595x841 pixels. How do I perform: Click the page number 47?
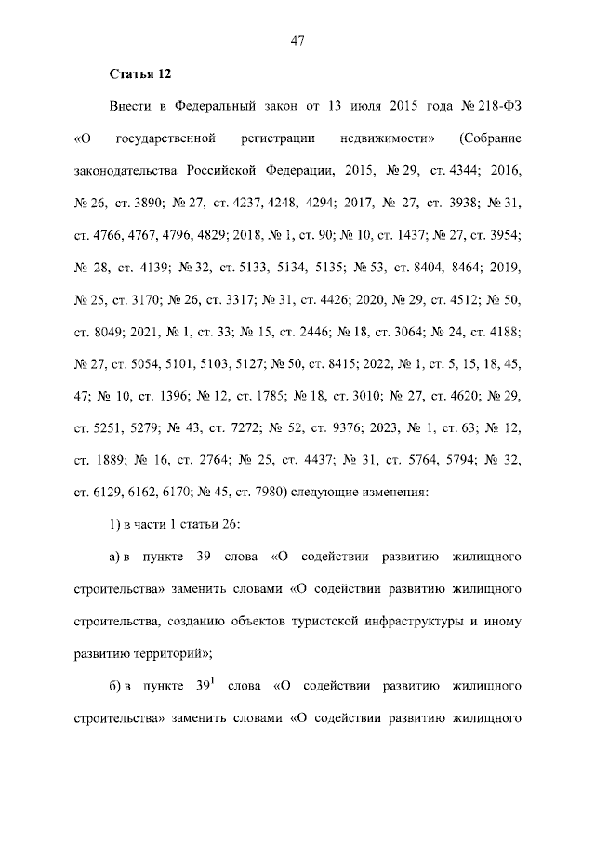pyautogui.click(x=297, y=40)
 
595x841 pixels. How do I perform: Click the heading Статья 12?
pyautogui.click(x=140, y=73)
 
